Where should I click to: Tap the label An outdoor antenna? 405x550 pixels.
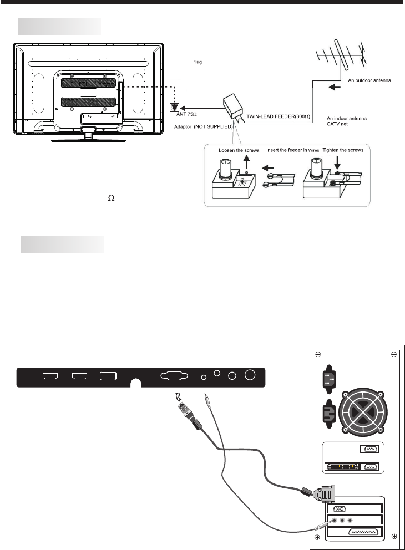369,80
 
